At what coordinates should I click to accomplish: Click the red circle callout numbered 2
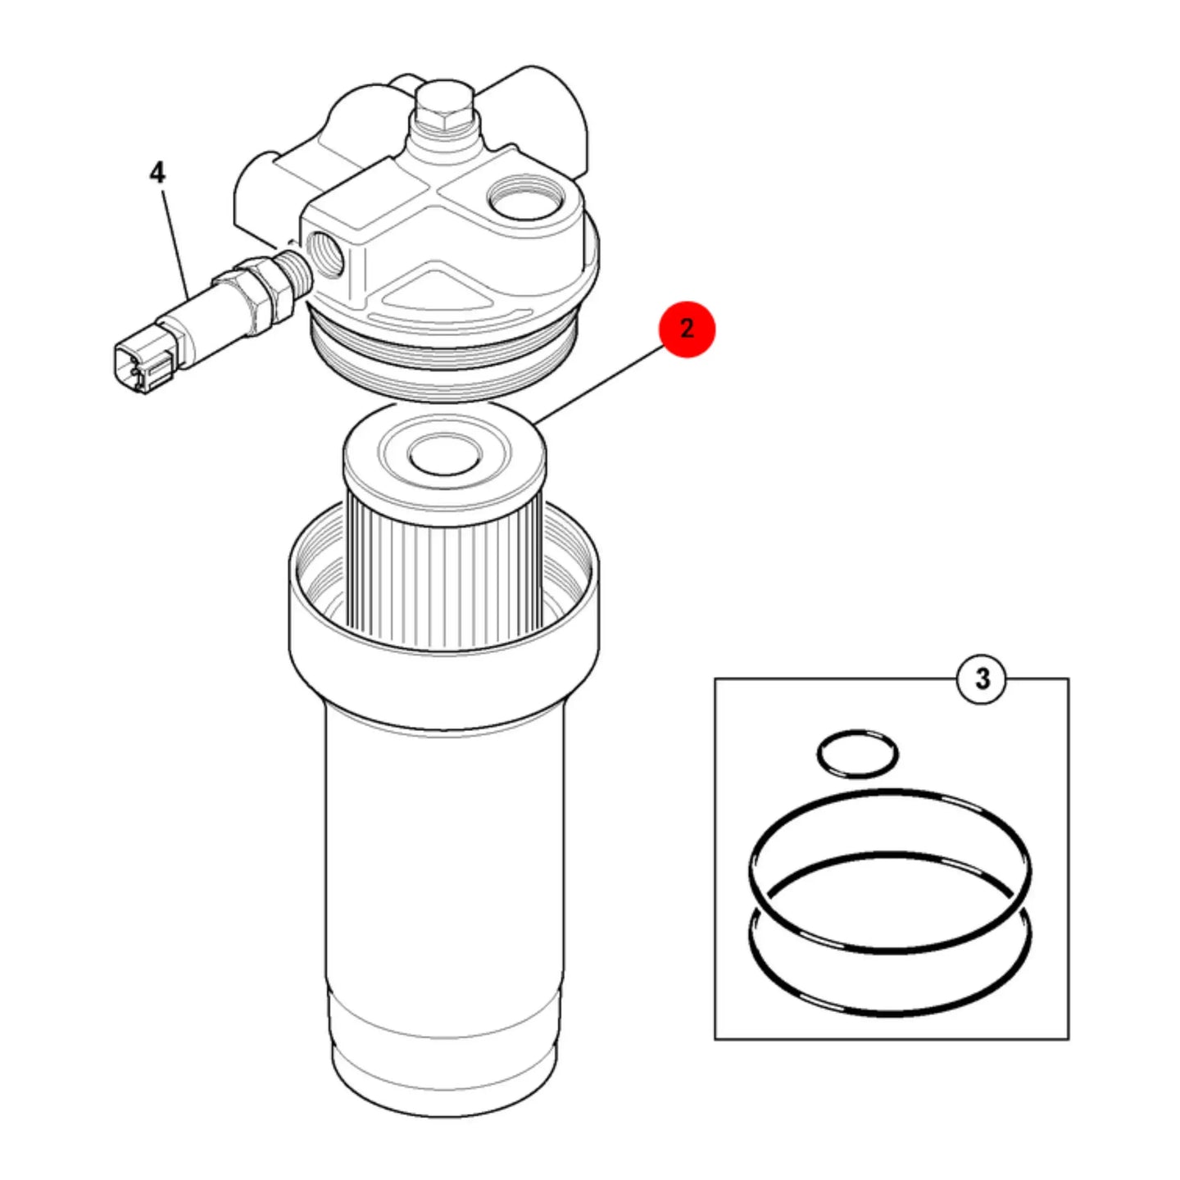click(687, 329)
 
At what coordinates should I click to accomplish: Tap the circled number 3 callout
click(983, 679)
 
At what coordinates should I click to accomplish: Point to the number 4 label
click(157, 174)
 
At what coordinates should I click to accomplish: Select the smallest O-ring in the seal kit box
click(858, 754)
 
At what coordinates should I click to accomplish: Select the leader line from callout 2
click(599, 384)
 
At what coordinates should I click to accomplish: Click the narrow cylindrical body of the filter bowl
click(445, 857)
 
